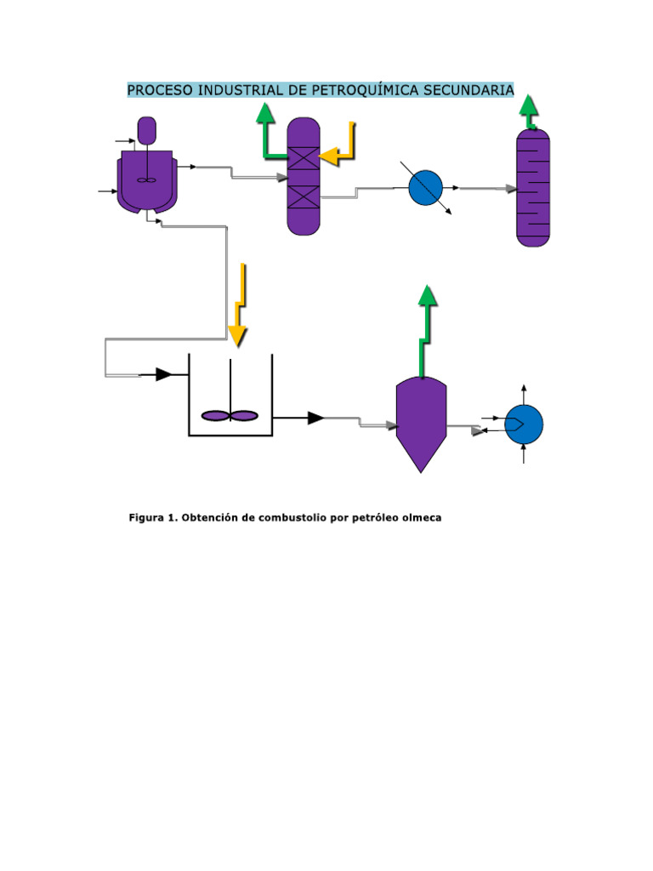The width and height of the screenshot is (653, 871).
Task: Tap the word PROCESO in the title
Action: coord(157,89)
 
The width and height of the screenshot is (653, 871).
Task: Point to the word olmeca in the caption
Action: coord(419,517)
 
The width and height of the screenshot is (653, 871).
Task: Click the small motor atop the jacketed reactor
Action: coord(147,130)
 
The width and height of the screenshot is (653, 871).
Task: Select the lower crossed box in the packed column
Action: coord(303,196)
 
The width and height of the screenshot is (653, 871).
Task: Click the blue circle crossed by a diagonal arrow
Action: coord(425,188)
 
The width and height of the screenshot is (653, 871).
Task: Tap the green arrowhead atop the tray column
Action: coord(529,106)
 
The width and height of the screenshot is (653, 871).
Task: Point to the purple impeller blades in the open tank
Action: coord(230,415)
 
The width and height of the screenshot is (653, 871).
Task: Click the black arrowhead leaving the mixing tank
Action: coord(315,418)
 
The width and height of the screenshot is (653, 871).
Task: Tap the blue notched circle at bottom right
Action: coord(523,424)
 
